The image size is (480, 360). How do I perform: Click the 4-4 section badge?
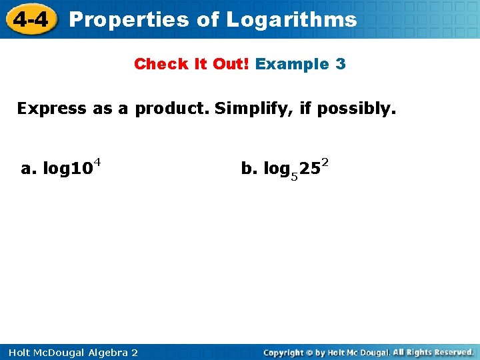[30, 19]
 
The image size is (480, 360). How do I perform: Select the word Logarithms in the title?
[291, 19]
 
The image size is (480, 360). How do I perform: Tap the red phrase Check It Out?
[192, 65]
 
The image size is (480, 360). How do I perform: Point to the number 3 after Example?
[340, 65]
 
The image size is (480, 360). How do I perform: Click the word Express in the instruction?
[51, 108]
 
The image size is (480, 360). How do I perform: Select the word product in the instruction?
[172, 108]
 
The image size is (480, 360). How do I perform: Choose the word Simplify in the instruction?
[253, 108]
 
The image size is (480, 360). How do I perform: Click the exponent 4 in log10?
[97, 162]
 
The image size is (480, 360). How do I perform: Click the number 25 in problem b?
[309, 169]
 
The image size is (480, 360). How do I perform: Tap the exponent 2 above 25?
[325, 162]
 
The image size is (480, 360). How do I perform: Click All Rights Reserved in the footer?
[433, 352]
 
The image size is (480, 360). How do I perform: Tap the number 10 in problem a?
[81, 169]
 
